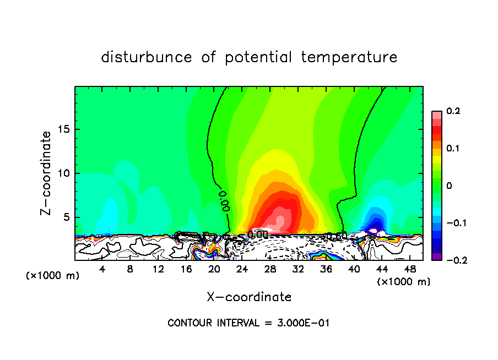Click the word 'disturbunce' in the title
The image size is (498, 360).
[147, 57]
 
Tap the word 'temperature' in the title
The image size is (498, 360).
[349, 58]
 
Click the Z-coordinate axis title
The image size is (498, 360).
[47, 173]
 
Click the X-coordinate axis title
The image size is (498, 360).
[249, 297]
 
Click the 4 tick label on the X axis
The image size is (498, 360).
[102, 269]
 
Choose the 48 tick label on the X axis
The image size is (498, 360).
[410, 269]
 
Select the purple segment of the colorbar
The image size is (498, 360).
[437, 257]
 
